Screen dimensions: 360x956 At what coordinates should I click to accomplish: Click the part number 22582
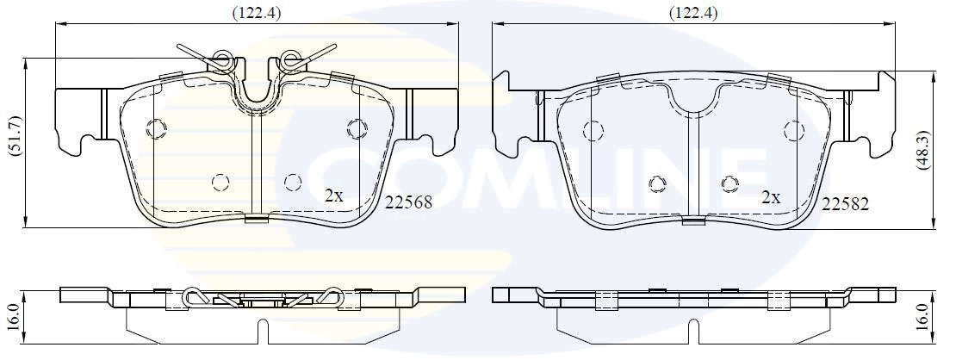coord(846,203)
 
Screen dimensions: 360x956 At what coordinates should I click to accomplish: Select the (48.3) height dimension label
coord(945,152)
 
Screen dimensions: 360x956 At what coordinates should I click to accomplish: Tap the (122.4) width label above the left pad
coord(257,12)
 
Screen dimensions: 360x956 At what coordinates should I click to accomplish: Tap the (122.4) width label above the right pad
coord(692,12)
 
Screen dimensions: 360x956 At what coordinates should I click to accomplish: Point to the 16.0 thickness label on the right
coord(944,314)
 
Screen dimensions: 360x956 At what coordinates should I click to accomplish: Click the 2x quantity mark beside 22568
coord(333,196)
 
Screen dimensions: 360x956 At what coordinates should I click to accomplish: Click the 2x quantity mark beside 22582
coord(770,197)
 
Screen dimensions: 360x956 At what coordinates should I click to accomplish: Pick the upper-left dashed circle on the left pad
coord(156,128)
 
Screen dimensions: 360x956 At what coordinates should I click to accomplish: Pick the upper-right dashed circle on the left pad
coord(356,128)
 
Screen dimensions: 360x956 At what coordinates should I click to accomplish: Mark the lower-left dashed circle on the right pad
coord(658,183)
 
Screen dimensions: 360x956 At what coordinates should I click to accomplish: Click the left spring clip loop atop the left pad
coord(223,60)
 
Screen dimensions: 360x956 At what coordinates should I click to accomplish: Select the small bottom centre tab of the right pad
coord(691,220)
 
